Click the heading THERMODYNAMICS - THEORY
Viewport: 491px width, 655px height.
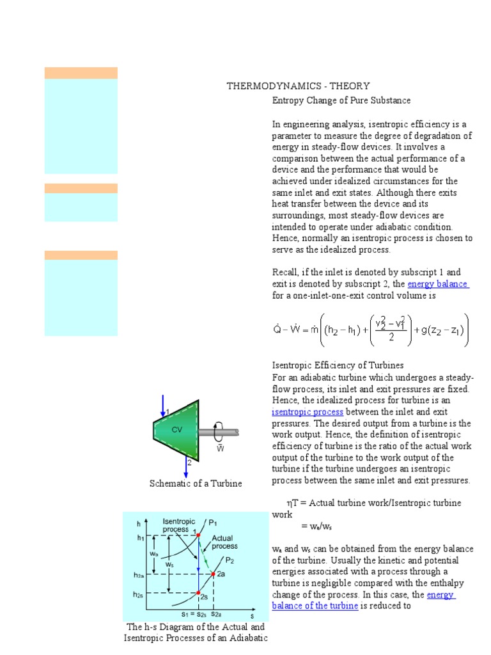point(298,86)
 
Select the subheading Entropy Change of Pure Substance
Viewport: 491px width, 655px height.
point(341,100)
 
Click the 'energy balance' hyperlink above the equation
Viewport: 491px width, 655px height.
point(438,284)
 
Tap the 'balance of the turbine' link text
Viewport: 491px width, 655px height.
point(315,606)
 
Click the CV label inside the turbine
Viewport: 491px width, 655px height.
point(177,430)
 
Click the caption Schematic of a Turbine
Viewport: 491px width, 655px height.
point(196,484)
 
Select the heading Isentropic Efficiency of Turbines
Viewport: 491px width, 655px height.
point(338,365)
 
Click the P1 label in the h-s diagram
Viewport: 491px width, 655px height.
point(213,523)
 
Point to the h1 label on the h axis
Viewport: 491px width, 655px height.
point(141,538)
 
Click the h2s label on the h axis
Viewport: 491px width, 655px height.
point(139,594)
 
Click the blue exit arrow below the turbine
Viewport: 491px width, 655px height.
point(186,467)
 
